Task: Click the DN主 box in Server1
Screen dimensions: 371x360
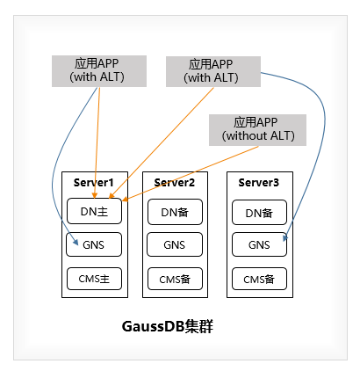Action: click(92, 212)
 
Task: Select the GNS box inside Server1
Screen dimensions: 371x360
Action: click(92, 245)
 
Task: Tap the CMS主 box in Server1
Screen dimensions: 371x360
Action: click(92, 280)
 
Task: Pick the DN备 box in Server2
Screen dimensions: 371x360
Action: click(175, 212)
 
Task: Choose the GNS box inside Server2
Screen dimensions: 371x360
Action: click(175, 245)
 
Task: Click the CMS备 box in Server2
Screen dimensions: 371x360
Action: click(175, 280)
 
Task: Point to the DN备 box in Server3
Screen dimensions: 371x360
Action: click(259, 212)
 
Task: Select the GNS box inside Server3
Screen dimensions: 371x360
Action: click(259, 245)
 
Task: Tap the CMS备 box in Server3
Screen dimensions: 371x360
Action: click(259, 280)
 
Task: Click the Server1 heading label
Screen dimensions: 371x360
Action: click(92, 182)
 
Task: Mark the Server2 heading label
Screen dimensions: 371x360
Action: click(175, 182)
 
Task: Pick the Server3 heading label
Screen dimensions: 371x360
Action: click(259, 182)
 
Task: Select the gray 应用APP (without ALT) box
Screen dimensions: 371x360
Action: click(258, 129)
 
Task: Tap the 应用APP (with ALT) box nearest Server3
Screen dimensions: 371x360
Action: click(212, 70)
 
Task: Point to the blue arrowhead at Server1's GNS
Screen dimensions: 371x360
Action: click(77, 244)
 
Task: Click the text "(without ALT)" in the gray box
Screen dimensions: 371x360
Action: click(258, 136)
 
